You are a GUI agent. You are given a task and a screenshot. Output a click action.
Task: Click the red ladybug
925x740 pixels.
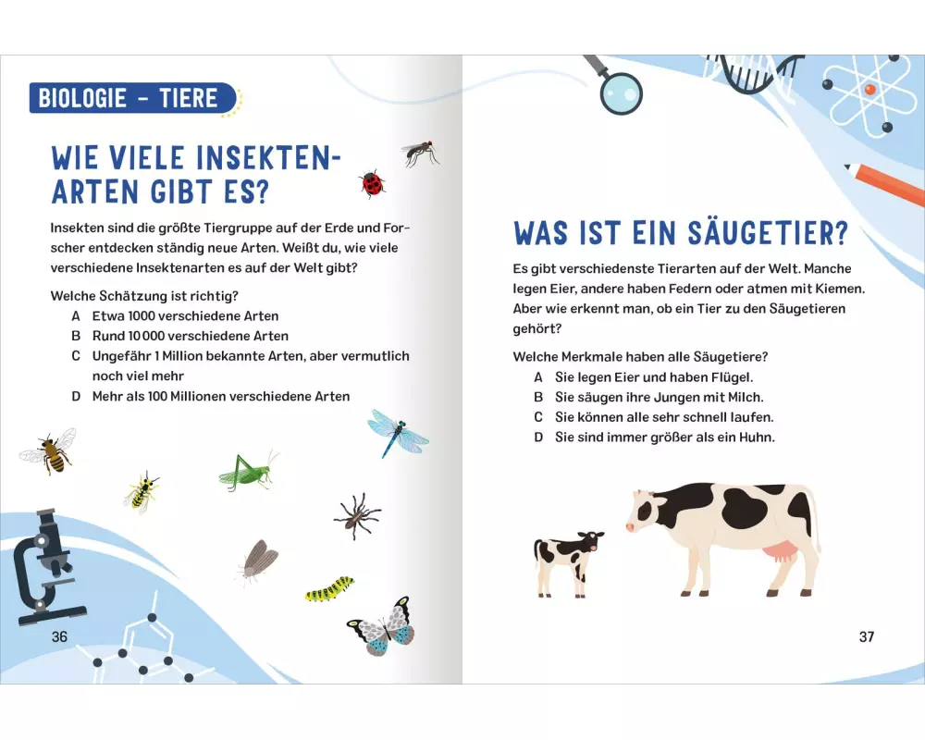(372, 184)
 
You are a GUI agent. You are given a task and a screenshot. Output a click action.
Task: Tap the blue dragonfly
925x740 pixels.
(397, 433)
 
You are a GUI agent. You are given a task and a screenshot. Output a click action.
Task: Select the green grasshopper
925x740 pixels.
(247, 471)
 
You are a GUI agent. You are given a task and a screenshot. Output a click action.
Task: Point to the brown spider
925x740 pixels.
(356, 516)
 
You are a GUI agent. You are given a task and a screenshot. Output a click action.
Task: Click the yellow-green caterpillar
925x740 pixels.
(330, 588)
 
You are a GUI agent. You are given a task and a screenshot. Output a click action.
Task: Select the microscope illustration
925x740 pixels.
(48, 567)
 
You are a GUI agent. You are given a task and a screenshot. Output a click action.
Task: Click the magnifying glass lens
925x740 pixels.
(622, 93)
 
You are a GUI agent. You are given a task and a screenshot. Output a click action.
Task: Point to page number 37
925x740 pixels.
(866, 636)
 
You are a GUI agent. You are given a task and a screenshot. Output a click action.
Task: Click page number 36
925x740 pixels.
(59, 636)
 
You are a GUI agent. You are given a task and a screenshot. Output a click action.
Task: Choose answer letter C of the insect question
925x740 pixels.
(76, 356)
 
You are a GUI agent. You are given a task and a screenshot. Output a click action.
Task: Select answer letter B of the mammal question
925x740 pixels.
(538, 397)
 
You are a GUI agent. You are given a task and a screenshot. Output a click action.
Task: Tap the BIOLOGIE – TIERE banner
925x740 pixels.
(132, 98)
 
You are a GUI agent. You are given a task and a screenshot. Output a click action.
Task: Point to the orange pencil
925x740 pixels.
(884, 183)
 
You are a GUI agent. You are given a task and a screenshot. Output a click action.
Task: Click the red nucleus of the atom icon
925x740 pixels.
(869, 89)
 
